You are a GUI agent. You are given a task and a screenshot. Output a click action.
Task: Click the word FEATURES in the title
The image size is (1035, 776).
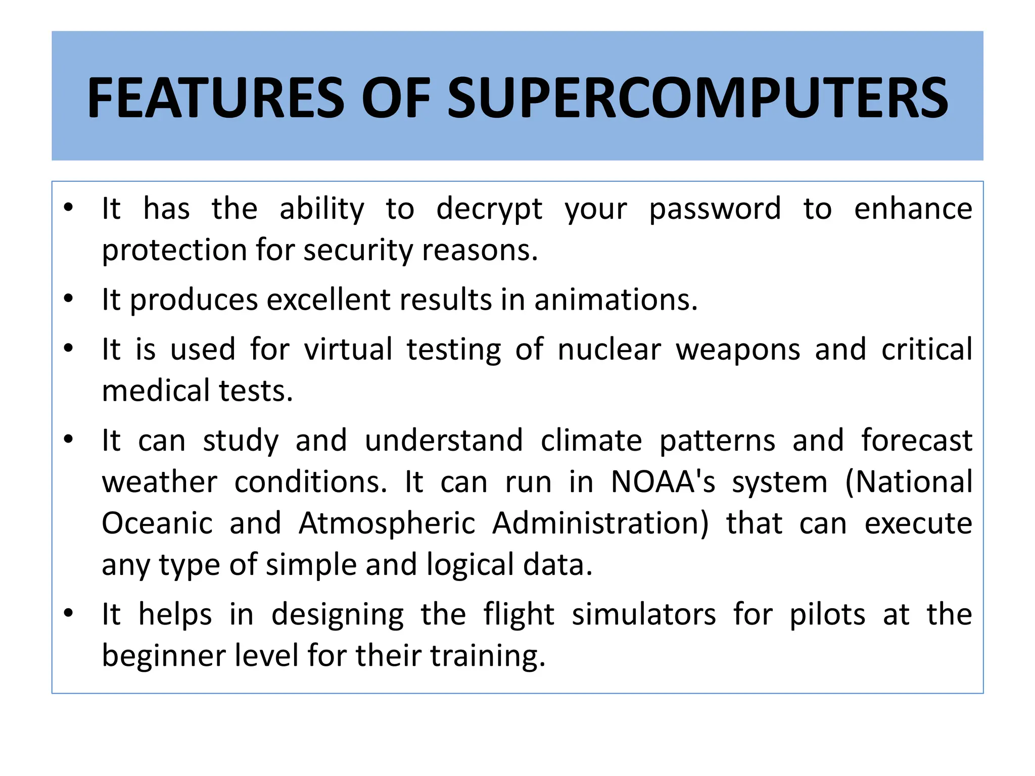point(215,98)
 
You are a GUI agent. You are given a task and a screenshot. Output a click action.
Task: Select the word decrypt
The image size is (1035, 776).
point(489,209)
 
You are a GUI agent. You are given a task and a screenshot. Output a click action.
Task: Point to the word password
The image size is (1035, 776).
point(715,209)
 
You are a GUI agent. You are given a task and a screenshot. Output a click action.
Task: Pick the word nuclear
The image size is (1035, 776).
point(609,350)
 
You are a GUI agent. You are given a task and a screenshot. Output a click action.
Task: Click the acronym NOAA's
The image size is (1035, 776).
point(663,482)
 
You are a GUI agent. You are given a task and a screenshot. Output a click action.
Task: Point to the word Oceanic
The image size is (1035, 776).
point(157,523)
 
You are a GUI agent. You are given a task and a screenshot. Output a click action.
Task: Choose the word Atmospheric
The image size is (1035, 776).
point(387,523)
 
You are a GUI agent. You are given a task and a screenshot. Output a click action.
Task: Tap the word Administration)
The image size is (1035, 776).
point(601,523)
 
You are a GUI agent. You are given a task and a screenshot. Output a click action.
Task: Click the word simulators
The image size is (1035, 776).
point(643,615)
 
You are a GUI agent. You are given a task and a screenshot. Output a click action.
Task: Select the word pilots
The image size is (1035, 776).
point(827,615)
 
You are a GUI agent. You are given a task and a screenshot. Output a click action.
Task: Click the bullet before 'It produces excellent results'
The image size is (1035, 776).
point(69,299)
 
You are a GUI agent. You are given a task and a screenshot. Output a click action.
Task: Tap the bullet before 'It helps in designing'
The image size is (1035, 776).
point(69,614)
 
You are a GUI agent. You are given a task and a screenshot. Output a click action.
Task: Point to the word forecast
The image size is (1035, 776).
point(917,441)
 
